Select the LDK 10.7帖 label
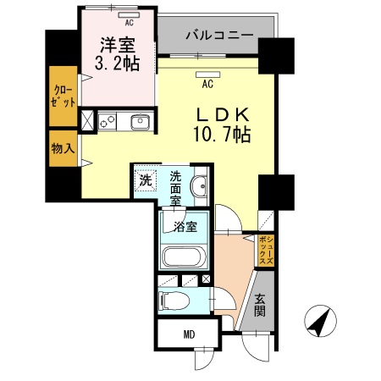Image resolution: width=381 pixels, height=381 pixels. (x=222, y=124)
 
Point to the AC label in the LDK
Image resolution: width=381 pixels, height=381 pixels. (x=206, y=84)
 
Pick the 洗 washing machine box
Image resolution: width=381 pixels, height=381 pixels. (x=145, y=179)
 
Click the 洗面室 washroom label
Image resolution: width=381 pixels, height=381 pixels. (x=176, y=188)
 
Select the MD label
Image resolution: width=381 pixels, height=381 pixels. (x=188, y=334)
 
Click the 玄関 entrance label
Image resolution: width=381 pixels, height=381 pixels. (x=260, y=306)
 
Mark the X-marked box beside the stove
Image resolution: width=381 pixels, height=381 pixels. (x=88, y=119)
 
